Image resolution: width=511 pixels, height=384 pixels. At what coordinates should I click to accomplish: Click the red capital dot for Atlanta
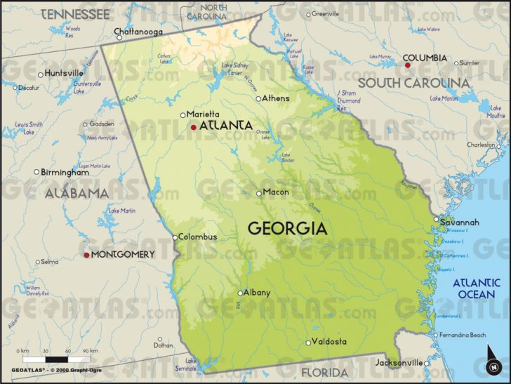194,127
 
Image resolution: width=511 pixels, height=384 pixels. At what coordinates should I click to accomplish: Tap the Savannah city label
460,223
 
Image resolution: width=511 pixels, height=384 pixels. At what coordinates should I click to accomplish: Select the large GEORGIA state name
288,228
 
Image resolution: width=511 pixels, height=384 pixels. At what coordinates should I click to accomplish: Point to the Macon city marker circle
259,193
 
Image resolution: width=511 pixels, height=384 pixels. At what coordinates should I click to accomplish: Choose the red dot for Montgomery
87,255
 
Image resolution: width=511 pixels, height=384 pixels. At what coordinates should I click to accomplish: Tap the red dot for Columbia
406,65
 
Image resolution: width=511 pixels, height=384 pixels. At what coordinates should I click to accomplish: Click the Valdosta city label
330,342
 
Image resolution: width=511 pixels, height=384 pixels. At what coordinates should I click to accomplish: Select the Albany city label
257,293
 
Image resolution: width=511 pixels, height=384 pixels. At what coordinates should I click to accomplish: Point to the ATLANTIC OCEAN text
476,289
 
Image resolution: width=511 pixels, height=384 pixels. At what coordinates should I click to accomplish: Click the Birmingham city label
65,172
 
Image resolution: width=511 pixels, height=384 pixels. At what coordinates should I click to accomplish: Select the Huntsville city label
64,73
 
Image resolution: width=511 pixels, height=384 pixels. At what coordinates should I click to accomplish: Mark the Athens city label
276,98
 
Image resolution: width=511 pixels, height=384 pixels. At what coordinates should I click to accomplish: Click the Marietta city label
204,114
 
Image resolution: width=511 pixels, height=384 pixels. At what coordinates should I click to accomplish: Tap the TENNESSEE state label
75,14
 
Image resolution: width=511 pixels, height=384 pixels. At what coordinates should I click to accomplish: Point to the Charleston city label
481,145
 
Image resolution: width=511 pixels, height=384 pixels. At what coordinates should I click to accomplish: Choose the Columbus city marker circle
175,237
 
